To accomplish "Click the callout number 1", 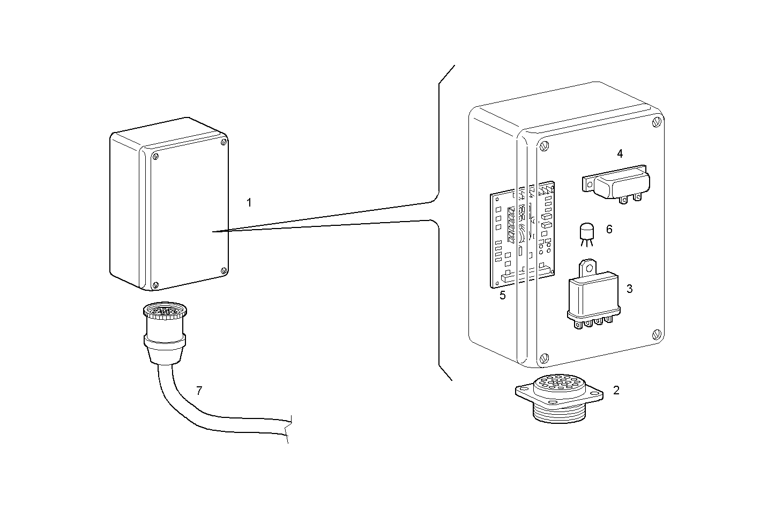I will pos(249,203).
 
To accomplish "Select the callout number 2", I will pos(616,391).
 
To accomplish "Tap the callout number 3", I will pos(629,289).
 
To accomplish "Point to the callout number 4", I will pos(620,154).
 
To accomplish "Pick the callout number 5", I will pos(502,295).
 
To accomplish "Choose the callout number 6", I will pos(609,230).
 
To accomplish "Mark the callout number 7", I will pos(199,391).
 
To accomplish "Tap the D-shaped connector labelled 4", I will pos(616,185).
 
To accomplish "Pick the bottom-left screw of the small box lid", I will pos(155,285).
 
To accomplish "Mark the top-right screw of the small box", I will pos(223,143).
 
